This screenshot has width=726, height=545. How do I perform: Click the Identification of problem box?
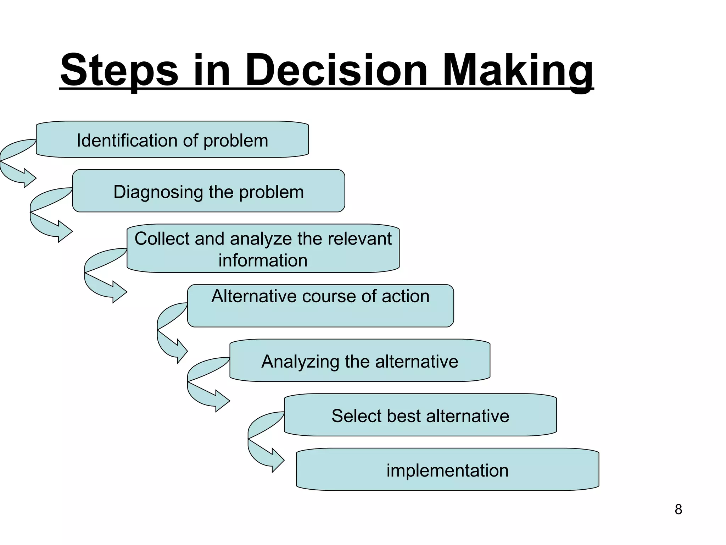[x=172, y=140]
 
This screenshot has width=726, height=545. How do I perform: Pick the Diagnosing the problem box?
[x=208, y=191]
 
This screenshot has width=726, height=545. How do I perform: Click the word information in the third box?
[x=263, y=260]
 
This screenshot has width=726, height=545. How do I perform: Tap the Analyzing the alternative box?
[x=360, y=361]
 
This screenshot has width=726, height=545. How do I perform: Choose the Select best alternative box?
[x=420, y=415]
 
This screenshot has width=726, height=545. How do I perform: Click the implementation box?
[x=447, y=470]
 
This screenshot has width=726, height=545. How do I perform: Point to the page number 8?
[x=678, y=510]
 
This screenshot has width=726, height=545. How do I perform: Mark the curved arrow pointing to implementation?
[x=262, y=454]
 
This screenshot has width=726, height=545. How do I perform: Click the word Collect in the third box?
[x=162, y=238]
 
